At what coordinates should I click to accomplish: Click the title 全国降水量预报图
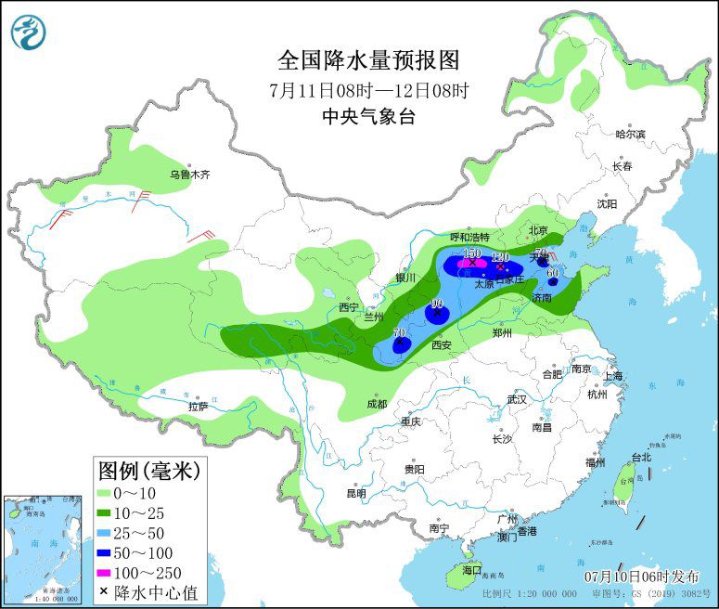coord(368,60)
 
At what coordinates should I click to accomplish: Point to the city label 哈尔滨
coord(630,134)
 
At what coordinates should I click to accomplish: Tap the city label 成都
coord(376,404)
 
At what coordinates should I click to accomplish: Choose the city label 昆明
coord(356,493)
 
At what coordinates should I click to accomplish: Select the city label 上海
coord(612,376)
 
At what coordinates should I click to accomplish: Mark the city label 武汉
coord(517,399)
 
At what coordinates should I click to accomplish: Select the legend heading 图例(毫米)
coord(148,471)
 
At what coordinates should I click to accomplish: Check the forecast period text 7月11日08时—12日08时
coord(368,90)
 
